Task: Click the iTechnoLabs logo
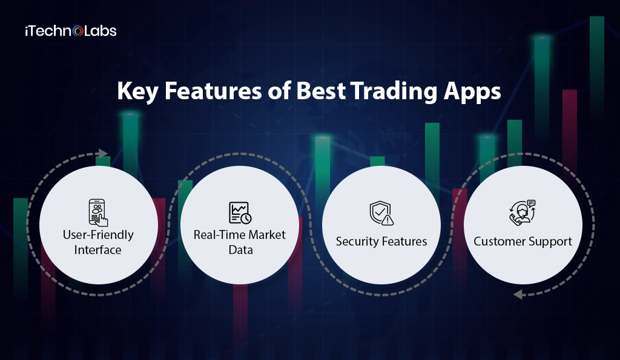point(70,30)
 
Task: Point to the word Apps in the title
point(472,93)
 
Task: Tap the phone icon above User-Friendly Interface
point(98,212)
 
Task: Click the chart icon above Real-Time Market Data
point(240,212)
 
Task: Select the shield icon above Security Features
point(381,213)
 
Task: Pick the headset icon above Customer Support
point(523,212)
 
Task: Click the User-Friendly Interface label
point(98,241)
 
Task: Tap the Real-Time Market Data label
point(240,241)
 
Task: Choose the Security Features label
point(381,241)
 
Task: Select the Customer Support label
point(523,241)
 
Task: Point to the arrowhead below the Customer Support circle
point(518,295)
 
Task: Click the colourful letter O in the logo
point(77,31)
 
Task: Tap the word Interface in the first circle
point(98,249)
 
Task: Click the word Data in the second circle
point(240,249)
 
